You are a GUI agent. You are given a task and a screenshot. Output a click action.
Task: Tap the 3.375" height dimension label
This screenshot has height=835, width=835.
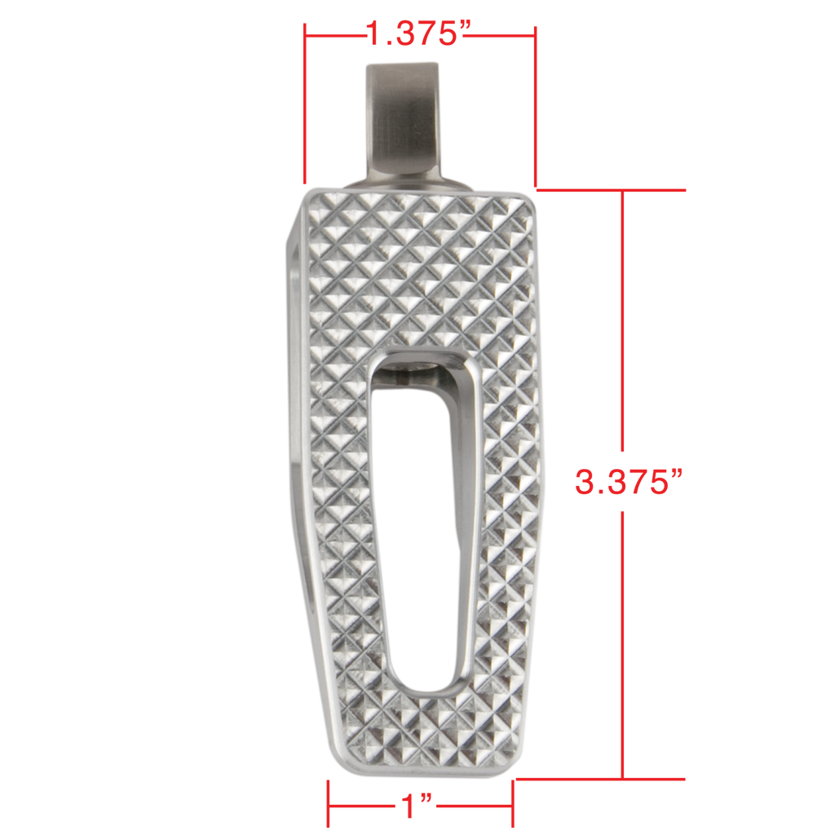[x=626, y=482]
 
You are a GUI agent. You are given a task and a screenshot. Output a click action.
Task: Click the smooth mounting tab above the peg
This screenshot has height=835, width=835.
[x=404, y=122]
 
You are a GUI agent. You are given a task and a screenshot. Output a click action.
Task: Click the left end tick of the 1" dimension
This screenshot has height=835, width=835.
[x=328, y=803]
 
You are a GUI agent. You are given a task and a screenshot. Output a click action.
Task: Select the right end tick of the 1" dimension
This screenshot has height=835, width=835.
[x=511, y=803]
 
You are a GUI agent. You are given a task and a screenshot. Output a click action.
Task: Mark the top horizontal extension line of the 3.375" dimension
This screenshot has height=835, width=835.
[x=612, y=190]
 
